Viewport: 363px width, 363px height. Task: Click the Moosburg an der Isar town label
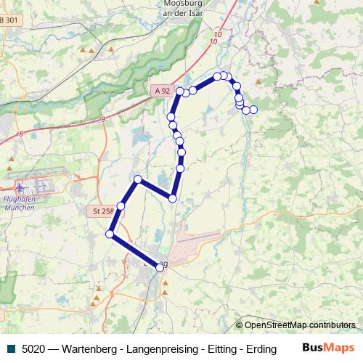coord(178,7)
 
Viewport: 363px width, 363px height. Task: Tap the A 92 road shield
coord(162,91)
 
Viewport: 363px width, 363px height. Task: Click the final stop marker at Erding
coord(160,268)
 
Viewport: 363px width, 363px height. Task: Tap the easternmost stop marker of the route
coord(253,110)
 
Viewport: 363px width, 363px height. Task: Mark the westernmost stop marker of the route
coord(110,234)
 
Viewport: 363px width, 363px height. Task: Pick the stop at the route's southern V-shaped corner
coord(173,198)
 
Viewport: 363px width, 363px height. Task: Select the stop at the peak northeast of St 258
coord(137,179)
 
